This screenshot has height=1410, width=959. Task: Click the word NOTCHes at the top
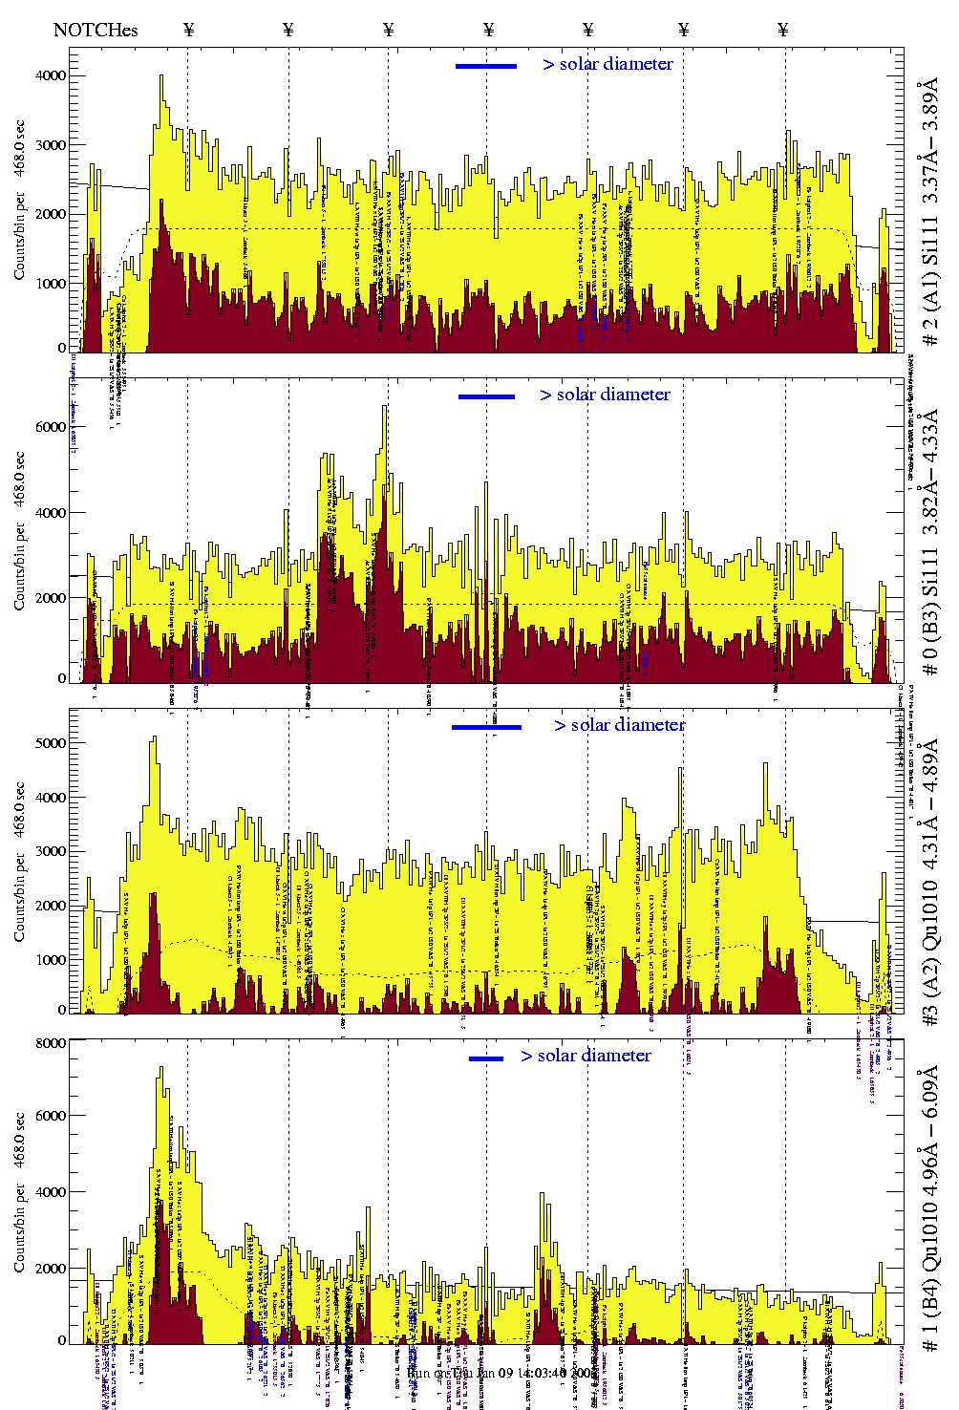pyautogui.click(x=96, y=30)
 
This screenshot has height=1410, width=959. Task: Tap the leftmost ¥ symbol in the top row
pyautogui.click(x=188, y=30)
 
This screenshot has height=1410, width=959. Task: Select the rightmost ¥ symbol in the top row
pyautogui.click(x=783, y=30)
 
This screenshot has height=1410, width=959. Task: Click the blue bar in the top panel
pyautogui.click(x=485, y=66)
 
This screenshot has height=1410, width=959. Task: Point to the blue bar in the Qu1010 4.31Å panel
pyautogui.click(x=486, y=727)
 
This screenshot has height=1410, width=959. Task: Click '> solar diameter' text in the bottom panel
pyautogui.click(x=586, y=1056)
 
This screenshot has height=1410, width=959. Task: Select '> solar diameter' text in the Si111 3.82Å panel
pyautogui.click(x=605, y=395)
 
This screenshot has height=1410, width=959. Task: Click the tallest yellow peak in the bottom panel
pyautogui.click(x=161, y=1069)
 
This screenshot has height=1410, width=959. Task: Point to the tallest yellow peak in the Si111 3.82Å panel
pyautogui.click(x=384, y=408)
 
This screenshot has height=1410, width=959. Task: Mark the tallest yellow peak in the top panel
pyautogui.click(x=161, y=77)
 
